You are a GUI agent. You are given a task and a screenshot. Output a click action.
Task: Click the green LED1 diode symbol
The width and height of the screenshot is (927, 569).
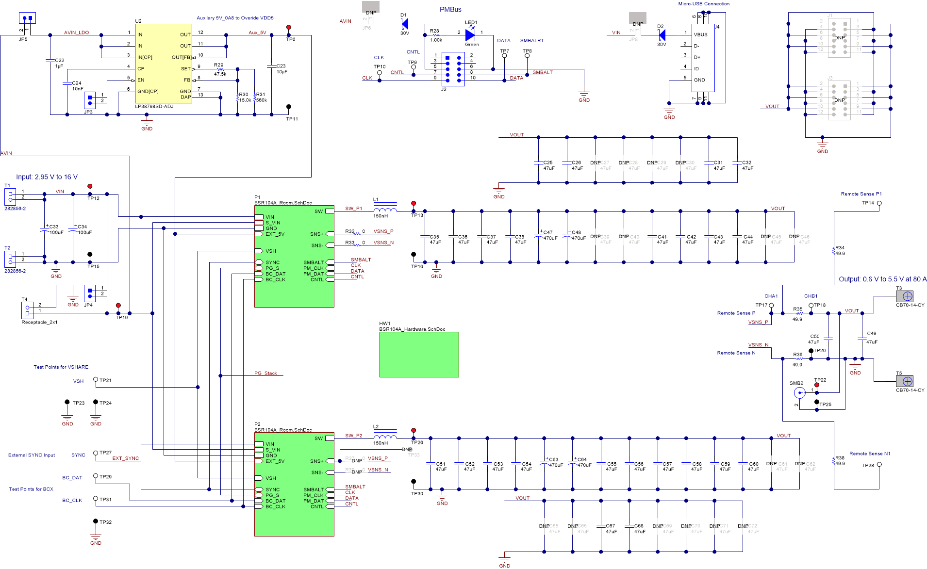[470, 35]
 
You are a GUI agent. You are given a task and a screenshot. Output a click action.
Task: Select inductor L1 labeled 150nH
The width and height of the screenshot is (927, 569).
[385, 210]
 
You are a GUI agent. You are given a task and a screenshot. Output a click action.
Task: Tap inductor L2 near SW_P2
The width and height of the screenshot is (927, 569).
[385, 437]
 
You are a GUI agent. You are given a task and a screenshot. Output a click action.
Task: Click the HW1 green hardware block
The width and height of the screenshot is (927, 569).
[419, 354]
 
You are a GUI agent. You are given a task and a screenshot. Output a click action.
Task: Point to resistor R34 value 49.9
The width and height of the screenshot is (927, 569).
[834, 250]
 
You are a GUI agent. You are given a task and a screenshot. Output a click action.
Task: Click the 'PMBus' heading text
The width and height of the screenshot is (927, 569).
[450, 9]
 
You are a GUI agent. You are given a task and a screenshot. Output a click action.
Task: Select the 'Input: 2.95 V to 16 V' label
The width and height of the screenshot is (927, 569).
[47, 177]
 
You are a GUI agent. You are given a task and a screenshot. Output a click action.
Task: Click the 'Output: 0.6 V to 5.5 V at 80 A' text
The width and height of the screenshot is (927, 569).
[882, 279]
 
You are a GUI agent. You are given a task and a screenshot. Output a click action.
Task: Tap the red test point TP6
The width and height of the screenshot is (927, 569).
[289, 28]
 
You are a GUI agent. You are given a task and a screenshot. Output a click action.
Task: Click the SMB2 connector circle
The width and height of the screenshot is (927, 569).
[799, 393]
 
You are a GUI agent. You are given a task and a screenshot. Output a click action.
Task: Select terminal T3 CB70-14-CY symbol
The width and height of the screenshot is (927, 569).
[907, 296]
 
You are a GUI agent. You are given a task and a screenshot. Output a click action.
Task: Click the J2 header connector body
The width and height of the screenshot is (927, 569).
[453, 69]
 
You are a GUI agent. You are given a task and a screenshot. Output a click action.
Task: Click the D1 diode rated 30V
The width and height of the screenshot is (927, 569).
[404, 23]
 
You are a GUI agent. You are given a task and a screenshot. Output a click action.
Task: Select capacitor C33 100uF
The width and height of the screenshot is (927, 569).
[45, 229]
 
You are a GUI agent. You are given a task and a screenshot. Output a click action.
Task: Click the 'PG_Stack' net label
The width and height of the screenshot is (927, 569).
[265, 373]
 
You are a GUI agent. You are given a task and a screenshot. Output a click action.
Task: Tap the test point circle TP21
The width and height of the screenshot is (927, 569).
[96, 380]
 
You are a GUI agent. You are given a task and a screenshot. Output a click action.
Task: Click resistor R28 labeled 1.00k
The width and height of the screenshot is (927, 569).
[436, 35]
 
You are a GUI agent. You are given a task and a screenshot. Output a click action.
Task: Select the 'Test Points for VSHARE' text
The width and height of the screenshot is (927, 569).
[61, 367]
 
